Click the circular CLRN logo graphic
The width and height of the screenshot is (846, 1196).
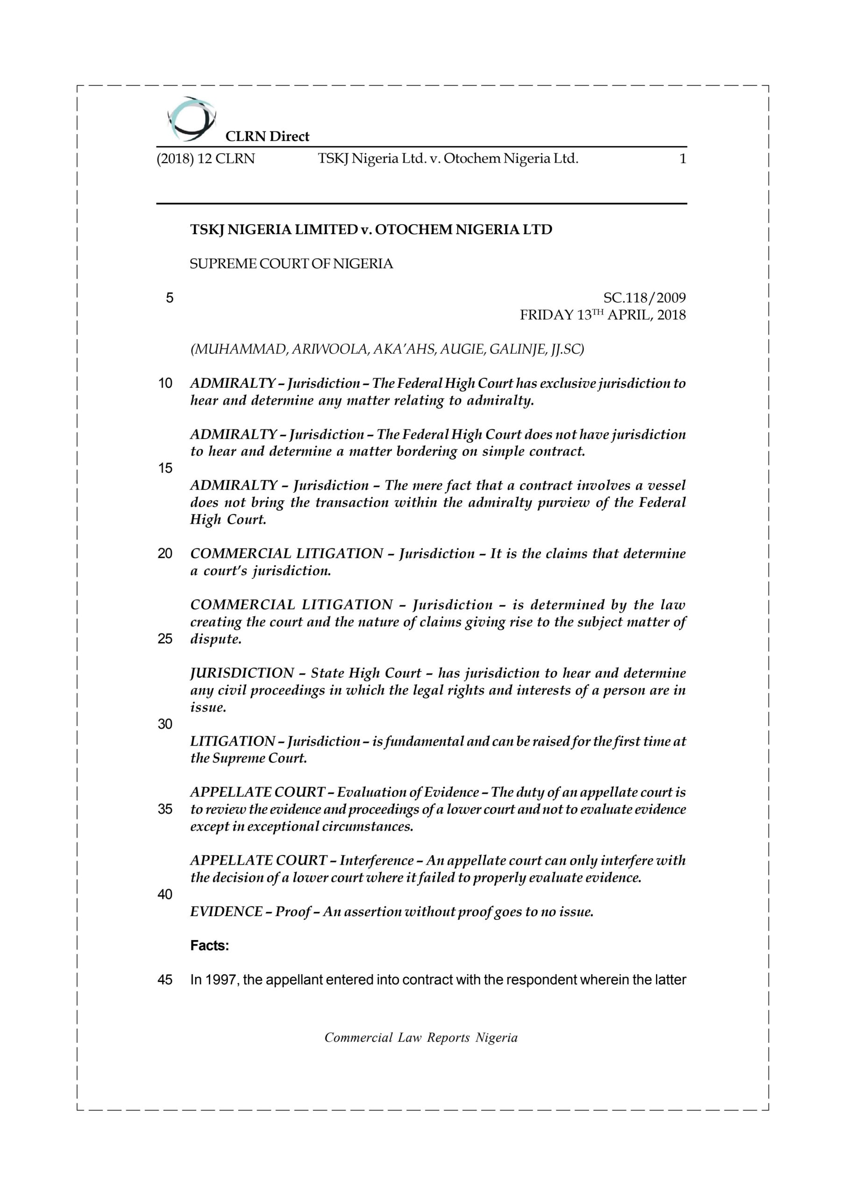tap(191, 119)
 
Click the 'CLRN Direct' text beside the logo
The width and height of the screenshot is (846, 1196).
tap(267, 136)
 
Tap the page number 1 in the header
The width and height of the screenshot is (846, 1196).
tap(682, 159)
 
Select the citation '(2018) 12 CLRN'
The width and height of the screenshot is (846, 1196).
tap(206, 159)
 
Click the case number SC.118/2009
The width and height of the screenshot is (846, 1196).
tap(644, 298)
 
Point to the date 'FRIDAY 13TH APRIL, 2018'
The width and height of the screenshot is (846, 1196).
tap(603, 315)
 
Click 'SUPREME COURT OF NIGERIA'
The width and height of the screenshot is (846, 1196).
tap(291, 264)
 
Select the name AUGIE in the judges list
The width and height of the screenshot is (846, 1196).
tap(460, 349)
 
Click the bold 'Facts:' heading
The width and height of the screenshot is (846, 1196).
tap(209, 946)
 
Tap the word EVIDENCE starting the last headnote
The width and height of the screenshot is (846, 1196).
tap(226, 911)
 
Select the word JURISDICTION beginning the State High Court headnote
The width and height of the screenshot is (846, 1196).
tap(242, 673)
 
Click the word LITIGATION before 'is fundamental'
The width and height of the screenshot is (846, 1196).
tap(232, 741)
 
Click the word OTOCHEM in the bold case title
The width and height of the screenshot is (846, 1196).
tap(413, 230)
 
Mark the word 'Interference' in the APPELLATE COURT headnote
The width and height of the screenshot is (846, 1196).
tap(376, 861)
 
